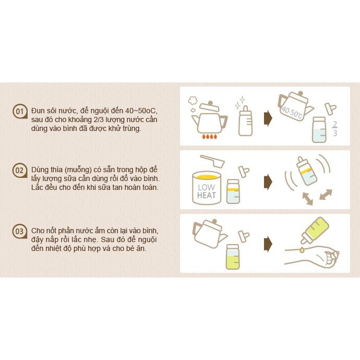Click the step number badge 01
[20, 111]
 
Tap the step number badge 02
[20, 170]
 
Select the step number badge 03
[20, 231]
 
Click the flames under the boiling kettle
[209, 137]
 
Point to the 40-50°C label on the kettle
[292, 112]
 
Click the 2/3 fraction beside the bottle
[335, 129]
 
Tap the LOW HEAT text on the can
[207, 191]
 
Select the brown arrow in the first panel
[268, 119]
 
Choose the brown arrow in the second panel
[268, 182]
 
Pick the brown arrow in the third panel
[268, 244]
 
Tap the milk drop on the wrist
[302, 250]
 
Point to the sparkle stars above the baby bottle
[239, 102]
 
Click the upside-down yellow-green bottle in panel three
[316, 230]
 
